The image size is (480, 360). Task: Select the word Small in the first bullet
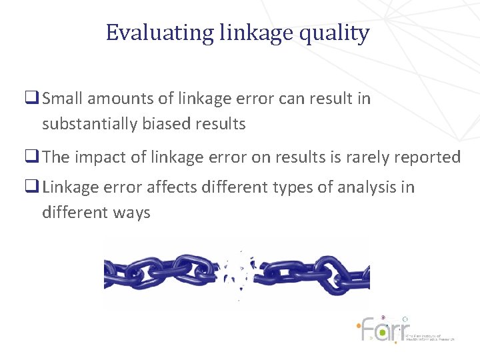point(65,99)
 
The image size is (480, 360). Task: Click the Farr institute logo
point(403,329)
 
